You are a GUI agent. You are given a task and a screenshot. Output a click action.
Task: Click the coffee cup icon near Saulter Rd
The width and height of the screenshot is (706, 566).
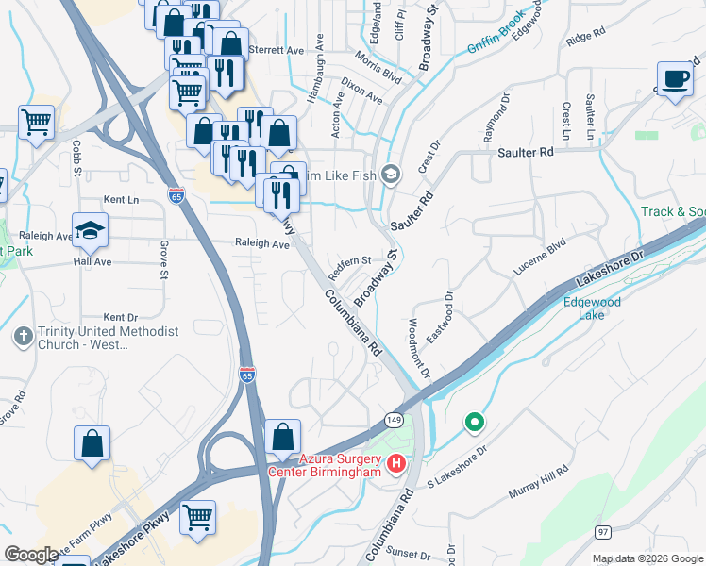click(675, 79)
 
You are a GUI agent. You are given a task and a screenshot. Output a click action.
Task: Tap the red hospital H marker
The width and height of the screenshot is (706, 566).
click(396, 464)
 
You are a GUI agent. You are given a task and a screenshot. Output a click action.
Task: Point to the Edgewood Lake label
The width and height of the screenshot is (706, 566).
click(591, 308)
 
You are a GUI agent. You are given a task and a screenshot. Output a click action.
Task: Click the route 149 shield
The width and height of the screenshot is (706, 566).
click(394, 418)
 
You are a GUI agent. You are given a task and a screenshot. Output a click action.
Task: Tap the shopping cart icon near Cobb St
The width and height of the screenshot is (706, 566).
click(36, 121)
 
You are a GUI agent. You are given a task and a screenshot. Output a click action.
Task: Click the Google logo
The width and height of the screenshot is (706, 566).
click(31, 555)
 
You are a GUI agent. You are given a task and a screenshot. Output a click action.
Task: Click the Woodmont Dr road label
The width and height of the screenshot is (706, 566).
click(418, 349)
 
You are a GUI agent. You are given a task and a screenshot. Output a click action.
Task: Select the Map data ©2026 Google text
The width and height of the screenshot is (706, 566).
click(647, 558)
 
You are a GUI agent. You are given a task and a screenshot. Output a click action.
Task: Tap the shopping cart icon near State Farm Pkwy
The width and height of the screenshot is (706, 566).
click(197, 516)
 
